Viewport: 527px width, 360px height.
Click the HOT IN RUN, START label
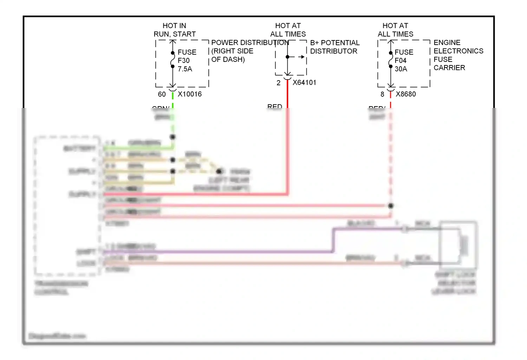point(174,30)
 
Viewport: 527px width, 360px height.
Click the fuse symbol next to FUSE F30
point(173,60)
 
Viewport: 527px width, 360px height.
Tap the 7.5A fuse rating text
point(185,69)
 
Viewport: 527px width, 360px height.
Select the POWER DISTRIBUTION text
point(250,43)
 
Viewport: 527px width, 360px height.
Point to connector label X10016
point(190,94)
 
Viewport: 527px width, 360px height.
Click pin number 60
point(162,94)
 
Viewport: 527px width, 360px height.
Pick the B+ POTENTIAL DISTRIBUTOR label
point(334,47)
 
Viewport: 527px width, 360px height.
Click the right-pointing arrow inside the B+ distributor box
point(301,57)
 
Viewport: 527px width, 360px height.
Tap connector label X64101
point(304,83)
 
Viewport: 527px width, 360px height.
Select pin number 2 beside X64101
point(279,83)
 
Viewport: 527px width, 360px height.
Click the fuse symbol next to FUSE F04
point(390,60)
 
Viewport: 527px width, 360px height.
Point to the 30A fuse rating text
point(401,69)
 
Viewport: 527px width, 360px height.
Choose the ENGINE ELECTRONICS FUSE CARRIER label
point(458,55)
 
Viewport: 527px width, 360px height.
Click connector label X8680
point(405,94)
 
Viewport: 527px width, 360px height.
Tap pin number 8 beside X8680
point(382,94)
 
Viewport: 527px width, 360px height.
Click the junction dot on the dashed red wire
point(391,206)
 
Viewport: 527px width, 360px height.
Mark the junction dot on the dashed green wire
point(173,137)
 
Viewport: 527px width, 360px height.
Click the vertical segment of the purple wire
point(333,240)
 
